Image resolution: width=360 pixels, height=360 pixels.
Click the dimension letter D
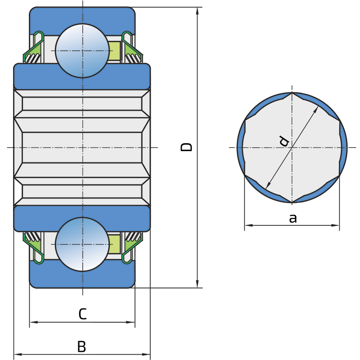click(186, 147)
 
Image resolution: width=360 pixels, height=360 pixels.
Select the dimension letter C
click(83, 314)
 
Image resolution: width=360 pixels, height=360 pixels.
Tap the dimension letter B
click(82, 346)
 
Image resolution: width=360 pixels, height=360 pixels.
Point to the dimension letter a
click(293, 218)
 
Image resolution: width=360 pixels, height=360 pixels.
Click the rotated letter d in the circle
click(284, 141)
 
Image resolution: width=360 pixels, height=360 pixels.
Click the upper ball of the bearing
click(82, 51)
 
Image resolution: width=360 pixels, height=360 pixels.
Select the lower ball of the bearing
click(82, 244)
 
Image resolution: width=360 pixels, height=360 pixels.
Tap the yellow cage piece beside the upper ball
click(114, 51)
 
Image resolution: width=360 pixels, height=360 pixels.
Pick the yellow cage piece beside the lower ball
click(114, 244)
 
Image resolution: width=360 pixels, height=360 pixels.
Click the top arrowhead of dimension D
click(197, 11)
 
